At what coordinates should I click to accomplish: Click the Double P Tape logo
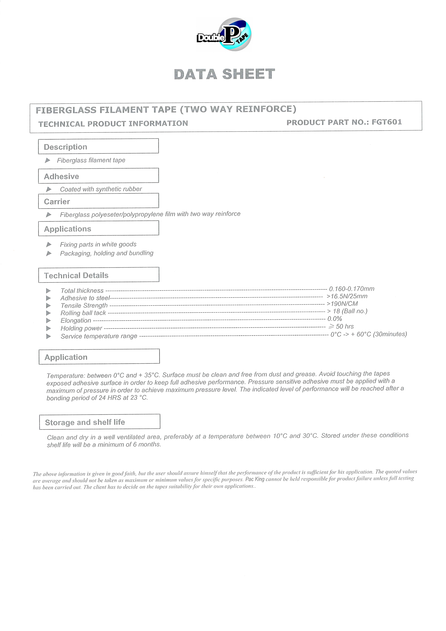pyautogui.click(x=224, y=35)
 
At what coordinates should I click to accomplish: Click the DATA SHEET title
pyautogui.click(x=224, y=74)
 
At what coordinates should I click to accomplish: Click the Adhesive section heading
pyautogui.click(x=62, y=176)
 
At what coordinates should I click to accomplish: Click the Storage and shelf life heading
pyautogui.click(x=85, y=422)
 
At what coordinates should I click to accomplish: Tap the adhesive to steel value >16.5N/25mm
pyautogui.click(x=347, y=296)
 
